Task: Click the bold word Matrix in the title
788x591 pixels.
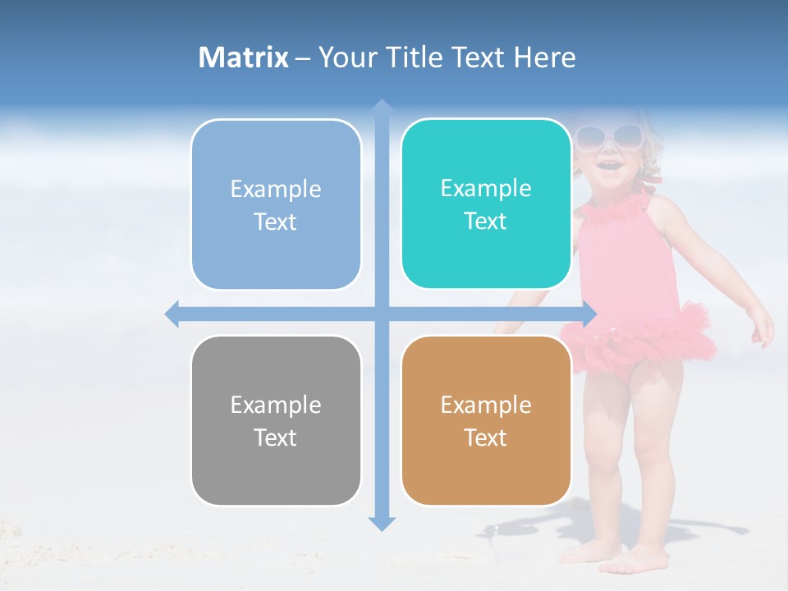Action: [x=243, y=57]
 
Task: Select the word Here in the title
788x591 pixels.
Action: [x=544, y=57]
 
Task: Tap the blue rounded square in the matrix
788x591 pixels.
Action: [x=276, y=204]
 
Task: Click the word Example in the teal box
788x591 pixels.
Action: [x=486, y=189]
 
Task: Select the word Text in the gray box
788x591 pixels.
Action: [x=275, y=438]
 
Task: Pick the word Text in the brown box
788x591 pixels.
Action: [x=485, y=438]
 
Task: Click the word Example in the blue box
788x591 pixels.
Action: [x=276, y=190]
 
